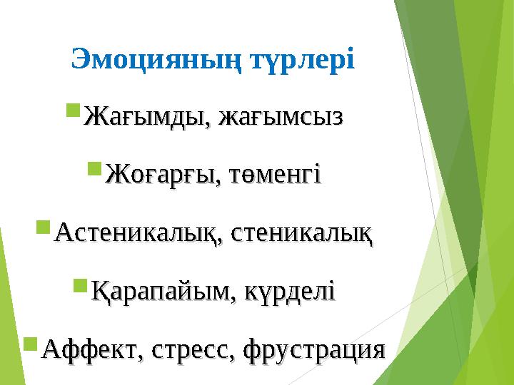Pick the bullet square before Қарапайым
(80, 287)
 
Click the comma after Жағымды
(214, 123)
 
